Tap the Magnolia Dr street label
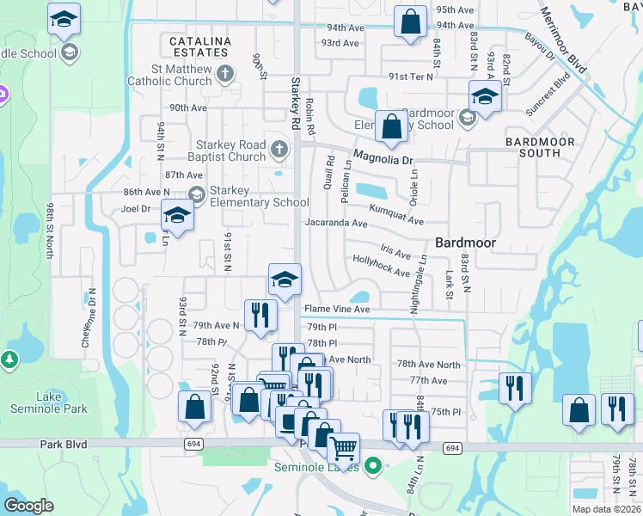pyautogui.click(x=383, y=160)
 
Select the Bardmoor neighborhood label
pyautogui.click(x=465, y=243)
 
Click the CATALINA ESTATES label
pyautogui.click(x=199, y=46)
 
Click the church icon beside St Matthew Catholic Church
pyautogui.click(x=225, y=74)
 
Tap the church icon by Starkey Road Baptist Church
pyautogui.click(x=279, y=150)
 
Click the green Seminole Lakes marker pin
pyautogui.click(x=372, y=467)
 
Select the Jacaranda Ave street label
pyautogui.click(x=336, y=224)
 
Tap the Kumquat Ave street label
pyautogui.click(x=396, y=214)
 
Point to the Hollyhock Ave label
pyautogui.click(x=381, y=266)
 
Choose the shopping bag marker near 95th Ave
pyautogui.click(x=411, y=21)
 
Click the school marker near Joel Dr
pyautogui.click(x=177, y=215)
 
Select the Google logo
pyautogui.click(x=28, y=506)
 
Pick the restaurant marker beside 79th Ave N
pyautogui.click(x=260, y=315)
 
